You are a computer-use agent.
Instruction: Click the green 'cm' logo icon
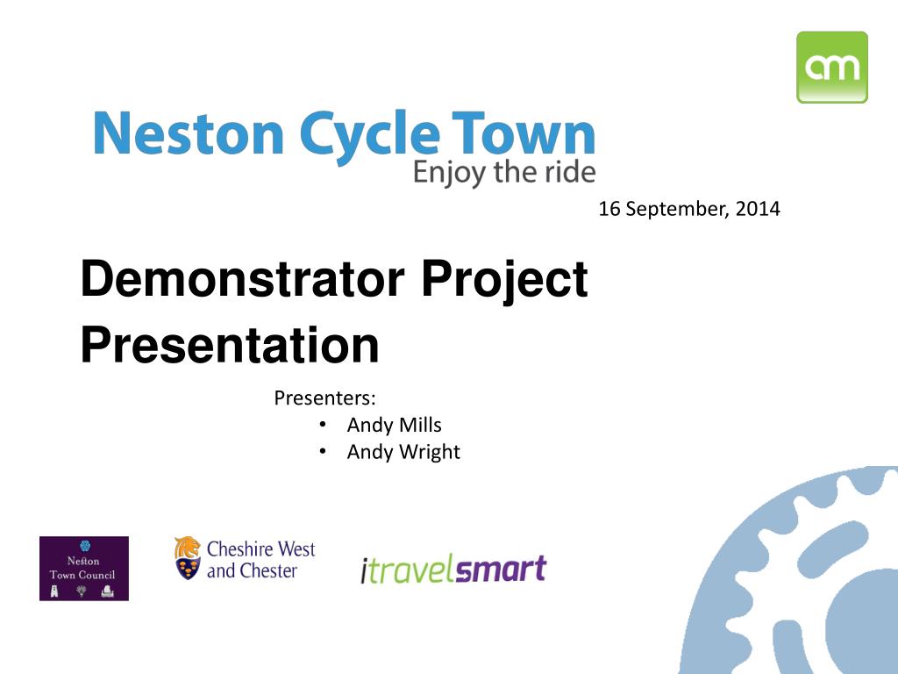[831, 67]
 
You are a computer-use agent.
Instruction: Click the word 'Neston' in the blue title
[188, 137]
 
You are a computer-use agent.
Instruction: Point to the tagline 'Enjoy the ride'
[504, 172]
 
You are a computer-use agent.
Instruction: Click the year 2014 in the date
[758, 210]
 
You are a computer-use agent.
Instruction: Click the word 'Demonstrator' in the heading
[241, 280]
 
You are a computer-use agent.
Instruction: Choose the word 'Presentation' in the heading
[230, 346]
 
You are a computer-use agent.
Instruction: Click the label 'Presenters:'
[324, 398]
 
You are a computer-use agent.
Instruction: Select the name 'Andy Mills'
[394, 426]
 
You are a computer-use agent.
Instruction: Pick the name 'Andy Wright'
[403, 452]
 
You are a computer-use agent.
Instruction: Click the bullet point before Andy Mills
[323, 425]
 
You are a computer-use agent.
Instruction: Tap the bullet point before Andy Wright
[323, 451]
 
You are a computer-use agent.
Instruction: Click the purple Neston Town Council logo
[84, 569]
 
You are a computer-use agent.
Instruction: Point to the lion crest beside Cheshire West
[187, 559]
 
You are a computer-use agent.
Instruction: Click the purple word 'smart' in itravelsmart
[502, 570]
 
